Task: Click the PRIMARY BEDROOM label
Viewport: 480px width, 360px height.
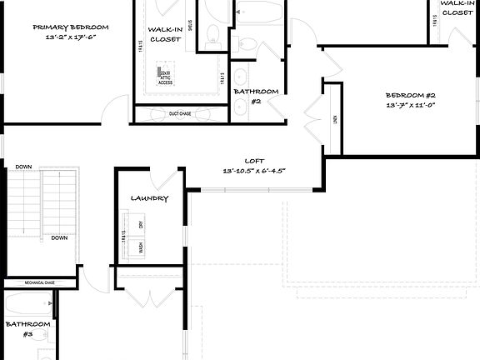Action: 71,27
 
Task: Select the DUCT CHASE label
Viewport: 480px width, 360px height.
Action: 181,113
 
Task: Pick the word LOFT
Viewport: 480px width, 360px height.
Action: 254,160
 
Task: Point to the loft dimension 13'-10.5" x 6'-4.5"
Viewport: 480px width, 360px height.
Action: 254,171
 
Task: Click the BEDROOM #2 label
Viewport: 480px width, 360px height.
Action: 410,94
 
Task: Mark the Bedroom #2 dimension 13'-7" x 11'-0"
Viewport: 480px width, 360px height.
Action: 410,106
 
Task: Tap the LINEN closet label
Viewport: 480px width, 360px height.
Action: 334,119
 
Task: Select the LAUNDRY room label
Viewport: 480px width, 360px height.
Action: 150,198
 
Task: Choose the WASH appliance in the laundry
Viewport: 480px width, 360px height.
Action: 142,247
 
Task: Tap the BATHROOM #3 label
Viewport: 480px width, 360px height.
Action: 27,328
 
